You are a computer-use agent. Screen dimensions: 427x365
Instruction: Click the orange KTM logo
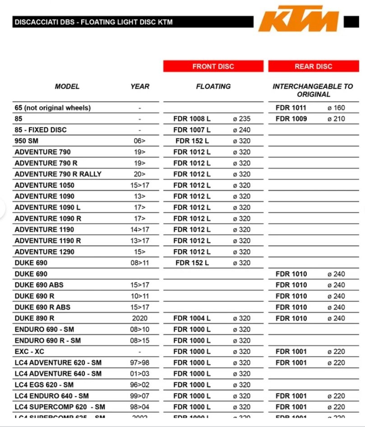[299, 19]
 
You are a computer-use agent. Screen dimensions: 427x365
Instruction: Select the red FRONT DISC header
[213, 66]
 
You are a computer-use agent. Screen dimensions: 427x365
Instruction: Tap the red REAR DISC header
[313, 66]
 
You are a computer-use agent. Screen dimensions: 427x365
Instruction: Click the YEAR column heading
[140, 86]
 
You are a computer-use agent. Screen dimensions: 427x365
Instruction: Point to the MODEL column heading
[67, 86]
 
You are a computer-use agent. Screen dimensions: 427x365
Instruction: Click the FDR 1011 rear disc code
[291, 108]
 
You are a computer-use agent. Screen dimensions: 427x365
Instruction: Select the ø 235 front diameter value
[241, 119]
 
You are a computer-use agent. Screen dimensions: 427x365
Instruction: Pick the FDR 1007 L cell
[192, 130]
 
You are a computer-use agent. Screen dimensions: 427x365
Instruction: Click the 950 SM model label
[27, 141]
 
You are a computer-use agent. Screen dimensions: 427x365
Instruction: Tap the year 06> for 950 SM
[140, 141]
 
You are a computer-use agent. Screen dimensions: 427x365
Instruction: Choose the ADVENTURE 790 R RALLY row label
[58, 174]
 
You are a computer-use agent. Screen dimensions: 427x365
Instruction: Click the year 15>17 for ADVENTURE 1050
[140, 185]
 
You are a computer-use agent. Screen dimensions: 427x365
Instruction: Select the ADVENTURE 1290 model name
[45, 252]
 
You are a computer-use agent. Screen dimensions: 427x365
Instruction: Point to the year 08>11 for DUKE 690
[140, 263]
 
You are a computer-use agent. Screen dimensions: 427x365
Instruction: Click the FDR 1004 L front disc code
[192, 318]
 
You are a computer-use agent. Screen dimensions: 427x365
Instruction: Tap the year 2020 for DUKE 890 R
[140, 318]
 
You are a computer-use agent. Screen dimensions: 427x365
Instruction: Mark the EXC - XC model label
[30, 352]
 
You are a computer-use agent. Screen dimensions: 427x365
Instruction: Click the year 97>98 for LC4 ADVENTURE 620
[140, 362]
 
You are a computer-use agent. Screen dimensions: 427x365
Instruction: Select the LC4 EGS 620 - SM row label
[44, 385]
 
